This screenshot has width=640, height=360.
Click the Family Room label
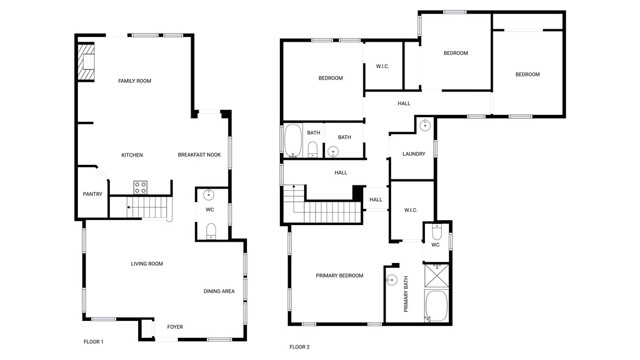tap(134, 81)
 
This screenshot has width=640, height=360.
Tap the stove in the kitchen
tap(140, 186)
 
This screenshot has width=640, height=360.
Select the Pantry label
tap(92, 194)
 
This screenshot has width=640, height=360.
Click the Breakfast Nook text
tap(199, 155)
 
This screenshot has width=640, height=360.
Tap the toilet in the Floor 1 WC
tap(210, 231)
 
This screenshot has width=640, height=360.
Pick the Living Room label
tap(147, 264)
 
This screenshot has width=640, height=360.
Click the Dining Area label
tap(219, 291)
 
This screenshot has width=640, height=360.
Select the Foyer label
tap(175, 327)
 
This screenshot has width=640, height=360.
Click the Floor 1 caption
tap(93, 342)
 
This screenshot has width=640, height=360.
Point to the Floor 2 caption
tap(300, 347)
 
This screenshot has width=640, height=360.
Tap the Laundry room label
tap(414, 154)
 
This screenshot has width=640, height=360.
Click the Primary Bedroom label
tap(339, 275)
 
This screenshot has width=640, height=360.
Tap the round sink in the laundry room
tap(425, 126)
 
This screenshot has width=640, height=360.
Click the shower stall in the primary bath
tap(437, 275)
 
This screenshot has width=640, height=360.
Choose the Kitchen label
tap(132, 155)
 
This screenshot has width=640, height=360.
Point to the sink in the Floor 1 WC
tap(209, 195)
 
